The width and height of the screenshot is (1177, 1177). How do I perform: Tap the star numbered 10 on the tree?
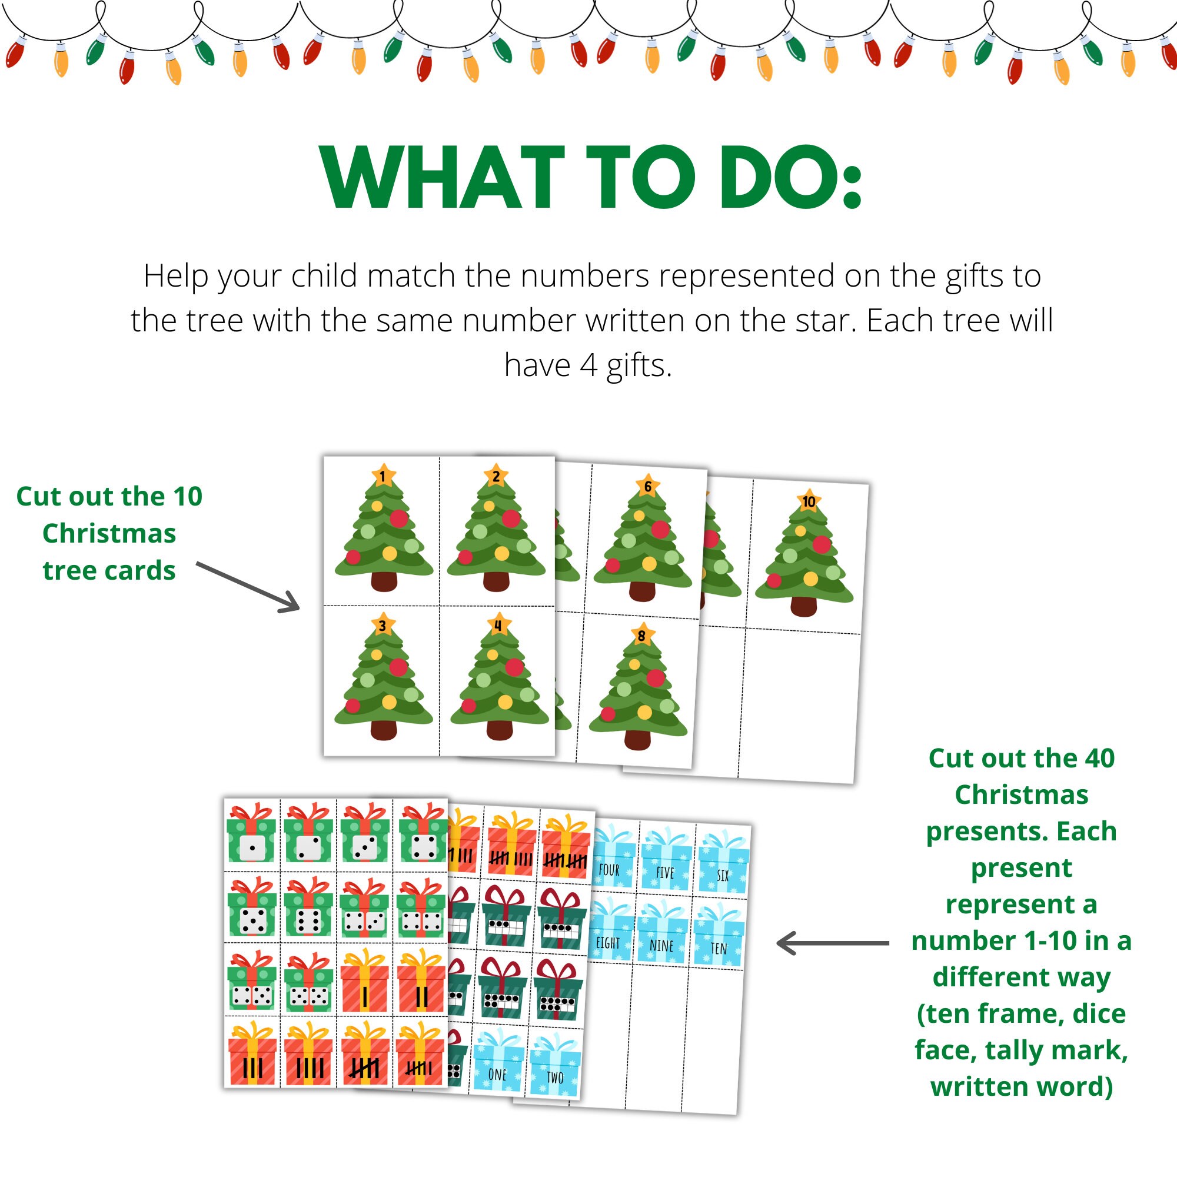[809, 501]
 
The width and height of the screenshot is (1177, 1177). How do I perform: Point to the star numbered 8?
[641, 636]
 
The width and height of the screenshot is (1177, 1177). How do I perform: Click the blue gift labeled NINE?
[661, 932]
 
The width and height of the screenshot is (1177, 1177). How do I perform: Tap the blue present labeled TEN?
[719, 936]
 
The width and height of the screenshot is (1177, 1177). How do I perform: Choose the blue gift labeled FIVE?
[665, 859]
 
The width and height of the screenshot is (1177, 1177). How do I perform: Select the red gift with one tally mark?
[364, 982]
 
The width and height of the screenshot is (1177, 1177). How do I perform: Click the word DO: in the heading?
[790, 178]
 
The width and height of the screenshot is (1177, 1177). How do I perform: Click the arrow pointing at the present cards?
[832, 943]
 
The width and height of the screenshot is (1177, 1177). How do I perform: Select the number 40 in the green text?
[1098, 759]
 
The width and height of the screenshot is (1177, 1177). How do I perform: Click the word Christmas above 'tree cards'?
[109, 534]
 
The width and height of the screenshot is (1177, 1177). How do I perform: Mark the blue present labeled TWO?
[555, 1065]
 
